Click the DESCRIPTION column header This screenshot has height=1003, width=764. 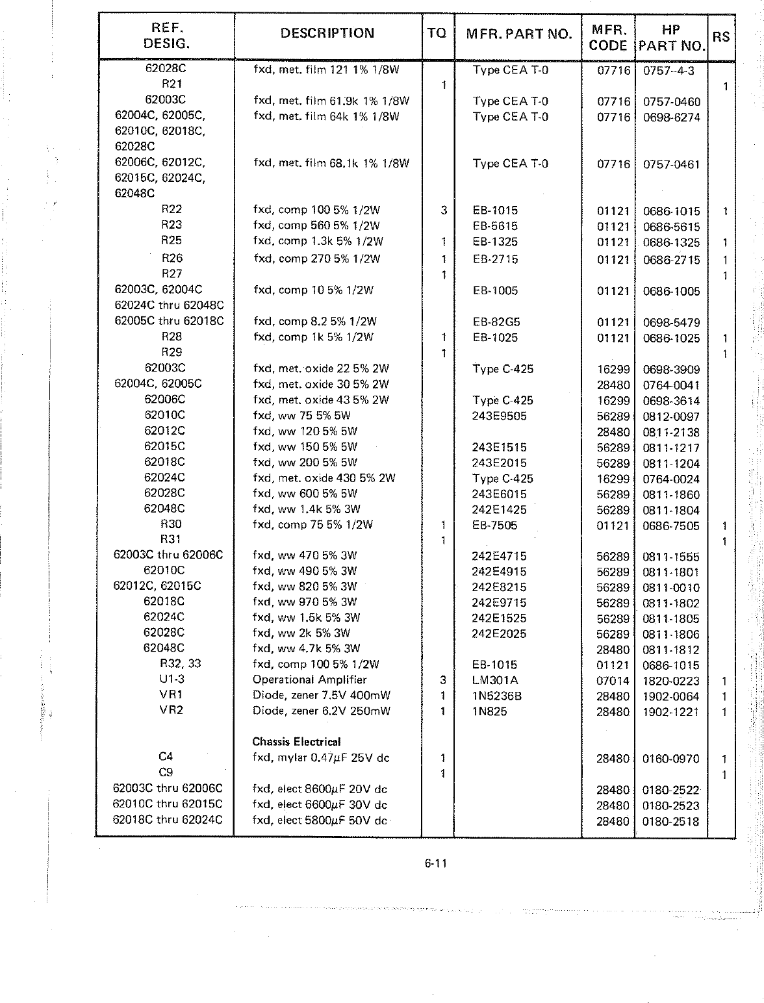tap(327, 33)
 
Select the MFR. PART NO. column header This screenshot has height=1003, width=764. tap(519, 34)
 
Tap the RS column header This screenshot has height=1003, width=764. tap(721, 36)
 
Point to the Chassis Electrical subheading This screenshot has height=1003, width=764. tap(296, 741)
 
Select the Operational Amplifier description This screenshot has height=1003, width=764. tap(309, 679)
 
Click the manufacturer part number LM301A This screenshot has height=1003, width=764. tap(495, 680)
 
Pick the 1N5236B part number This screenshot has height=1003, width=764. tap(498, 696)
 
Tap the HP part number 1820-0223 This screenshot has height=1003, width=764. tap(671, 681)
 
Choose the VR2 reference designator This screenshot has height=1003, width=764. tap(172, 709)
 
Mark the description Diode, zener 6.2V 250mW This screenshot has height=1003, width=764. tap(322, 711)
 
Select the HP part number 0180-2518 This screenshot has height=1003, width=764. tap(671, 821)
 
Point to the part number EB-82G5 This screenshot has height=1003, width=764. tap(496, 322)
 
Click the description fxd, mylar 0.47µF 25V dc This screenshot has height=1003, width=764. tap(321, 757)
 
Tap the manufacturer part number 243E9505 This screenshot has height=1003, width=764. tap(499, 416)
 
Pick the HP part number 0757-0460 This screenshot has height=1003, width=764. tap(672, 101)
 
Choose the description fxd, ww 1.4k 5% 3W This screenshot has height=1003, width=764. tap(307, 509)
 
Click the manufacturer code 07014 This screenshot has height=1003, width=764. tap(613, 681)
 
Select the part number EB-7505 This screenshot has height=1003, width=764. tap(494, 525)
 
